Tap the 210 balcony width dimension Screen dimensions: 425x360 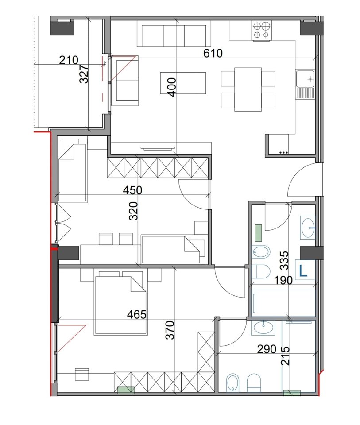tap(69, 60)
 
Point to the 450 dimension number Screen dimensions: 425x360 tap(132, 190)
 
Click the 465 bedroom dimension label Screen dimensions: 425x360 tap(137, 315)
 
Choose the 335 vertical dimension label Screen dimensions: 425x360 tap(285, 260)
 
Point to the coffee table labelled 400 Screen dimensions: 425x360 tap(183, 83)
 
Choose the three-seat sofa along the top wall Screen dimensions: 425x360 tap(174, 36)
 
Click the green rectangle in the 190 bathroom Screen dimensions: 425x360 tap(259, 231)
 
